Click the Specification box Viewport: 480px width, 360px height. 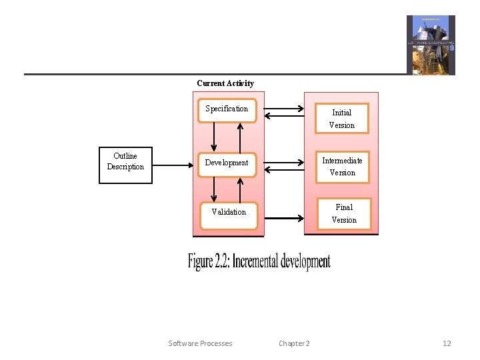[x=227, y=110]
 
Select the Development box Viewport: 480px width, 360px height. [x=227, y=163]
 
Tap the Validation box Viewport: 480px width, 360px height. [x=229, y=213]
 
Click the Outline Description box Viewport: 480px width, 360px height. [x=125, y=164]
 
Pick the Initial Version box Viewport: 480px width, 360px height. [x=341, y=119]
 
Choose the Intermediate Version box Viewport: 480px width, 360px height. [x=342, y=166]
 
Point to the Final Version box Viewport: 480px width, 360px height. [x=344, y=213]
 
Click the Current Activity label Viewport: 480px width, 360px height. [x=225, y=83]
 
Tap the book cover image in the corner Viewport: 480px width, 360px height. [x=431, y=45]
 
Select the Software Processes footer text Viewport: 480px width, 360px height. [x=200, y=343]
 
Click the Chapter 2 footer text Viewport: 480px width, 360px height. [x=294, y=343]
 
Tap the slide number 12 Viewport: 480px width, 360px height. [x=447, y=343]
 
